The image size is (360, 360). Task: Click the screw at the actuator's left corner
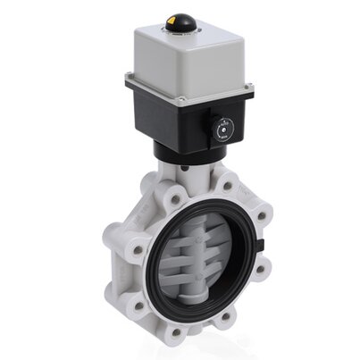pos(130,82)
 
